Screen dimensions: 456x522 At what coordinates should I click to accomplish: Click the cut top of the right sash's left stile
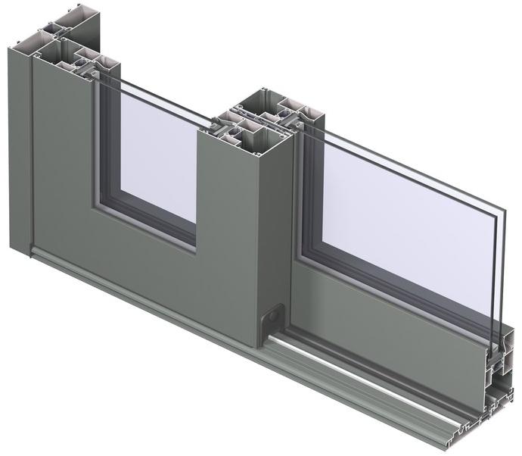303,114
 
